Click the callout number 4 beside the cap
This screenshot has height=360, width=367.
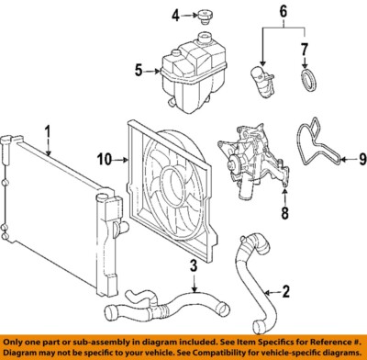[x=174, y=15]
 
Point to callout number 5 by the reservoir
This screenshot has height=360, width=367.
[x=139, y=69]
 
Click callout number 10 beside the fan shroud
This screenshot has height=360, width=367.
[x=106, y=160]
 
